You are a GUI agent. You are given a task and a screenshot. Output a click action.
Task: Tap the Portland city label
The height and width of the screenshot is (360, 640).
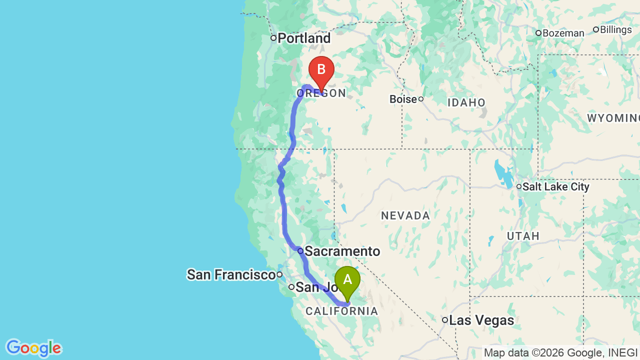(304, 38)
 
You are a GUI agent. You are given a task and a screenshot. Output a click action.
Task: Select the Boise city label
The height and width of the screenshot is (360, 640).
(403, 99)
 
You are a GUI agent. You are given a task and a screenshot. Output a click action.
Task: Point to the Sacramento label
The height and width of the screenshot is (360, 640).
(342, 251)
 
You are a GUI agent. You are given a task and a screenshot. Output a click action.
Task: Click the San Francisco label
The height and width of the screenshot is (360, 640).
(231, 274)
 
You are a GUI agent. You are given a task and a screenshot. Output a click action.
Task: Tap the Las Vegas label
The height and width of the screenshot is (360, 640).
(481, 320)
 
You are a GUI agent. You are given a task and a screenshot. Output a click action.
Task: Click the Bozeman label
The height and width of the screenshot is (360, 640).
(563, 33)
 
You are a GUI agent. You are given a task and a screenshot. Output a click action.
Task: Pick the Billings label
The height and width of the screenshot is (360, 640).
(615, 29)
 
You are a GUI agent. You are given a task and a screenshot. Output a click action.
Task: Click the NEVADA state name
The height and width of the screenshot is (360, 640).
(405, 216)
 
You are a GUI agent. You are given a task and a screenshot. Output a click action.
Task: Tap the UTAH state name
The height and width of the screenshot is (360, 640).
(523, 236)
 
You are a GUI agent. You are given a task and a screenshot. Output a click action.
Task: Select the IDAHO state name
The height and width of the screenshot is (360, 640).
(466, 103)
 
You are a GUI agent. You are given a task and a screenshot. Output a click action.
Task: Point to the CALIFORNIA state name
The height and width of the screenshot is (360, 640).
(342, 311)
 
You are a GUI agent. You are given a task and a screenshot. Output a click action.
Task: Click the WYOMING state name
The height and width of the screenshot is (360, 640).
(613, 118)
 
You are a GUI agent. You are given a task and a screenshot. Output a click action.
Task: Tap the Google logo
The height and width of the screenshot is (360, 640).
(33, 348)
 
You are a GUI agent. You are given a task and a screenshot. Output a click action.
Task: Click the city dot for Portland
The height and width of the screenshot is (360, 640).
(273, 38)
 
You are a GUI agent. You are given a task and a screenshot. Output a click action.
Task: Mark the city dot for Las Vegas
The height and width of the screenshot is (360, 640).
(444, 320)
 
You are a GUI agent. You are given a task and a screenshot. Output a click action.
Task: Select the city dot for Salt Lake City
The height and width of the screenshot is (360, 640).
(519, 186)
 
